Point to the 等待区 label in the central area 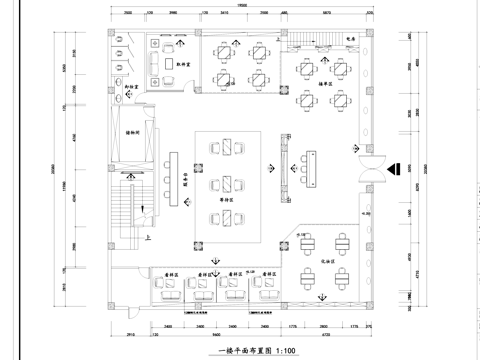(x=227, y=199)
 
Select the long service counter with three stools (x=172, y=176)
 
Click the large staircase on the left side (x=124, y=212)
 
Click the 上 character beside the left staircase (x=148, y=239)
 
